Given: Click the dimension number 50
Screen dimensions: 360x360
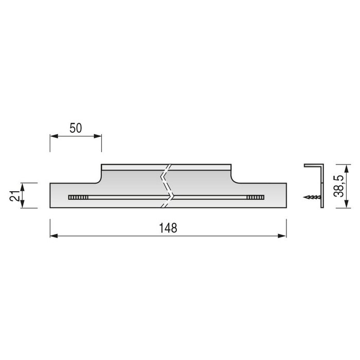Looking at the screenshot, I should (76, 129).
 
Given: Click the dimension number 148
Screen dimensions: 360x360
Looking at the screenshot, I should (168, 228).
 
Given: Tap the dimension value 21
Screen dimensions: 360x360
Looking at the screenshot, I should (15, 195).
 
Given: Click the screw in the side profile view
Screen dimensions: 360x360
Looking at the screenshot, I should (312, 196).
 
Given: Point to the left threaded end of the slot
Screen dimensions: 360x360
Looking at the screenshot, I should (75, 197).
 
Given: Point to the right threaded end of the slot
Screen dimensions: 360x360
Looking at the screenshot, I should (254, 197).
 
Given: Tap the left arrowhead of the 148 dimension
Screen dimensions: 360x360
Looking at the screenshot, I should (53, 236).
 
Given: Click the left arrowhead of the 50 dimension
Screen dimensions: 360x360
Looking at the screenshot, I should (53, 136).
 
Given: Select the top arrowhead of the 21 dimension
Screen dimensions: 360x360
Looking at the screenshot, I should (23, 186).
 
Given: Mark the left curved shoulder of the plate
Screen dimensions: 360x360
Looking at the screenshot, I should (98, 177).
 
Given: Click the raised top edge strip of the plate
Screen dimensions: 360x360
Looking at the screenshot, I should (134, 167).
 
